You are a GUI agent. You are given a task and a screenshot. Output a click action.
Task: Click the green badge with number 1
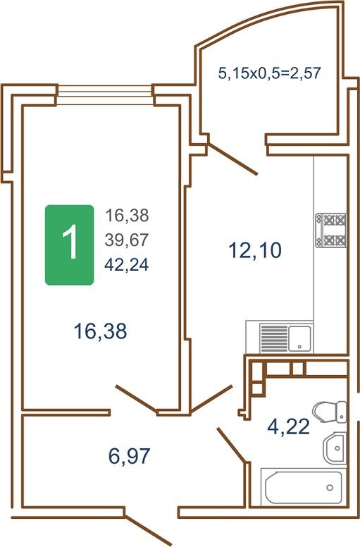pyautogui.click(x=69, y=245)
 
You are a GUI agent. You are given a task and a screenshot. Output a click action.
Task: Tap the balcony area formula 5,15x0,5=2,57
pyautogui.click(x=269, y=73)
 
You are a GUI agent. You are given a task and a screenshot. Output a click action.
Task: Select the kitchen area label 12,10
pyautogui.click(x=255, y=250)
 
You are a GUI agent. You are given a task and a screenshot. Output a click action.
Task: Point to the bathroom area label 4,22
pyautogui.click(x=289, y=426)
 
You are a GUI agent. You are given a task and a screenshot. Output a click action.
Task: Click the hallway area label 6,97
pyautogui.click(x=130, y=455)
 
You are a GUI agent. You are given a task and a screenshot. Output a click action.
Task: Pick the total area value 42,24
pyautogui.click(x=127, y=265)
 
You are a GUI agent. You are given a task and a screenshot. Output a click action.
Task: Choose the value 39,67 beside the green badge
pyautogui.click(x=127, y=240)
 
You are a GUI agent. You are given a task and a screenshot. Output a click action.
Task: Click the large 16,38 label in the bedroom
pyautogui.click(x=100, y=331)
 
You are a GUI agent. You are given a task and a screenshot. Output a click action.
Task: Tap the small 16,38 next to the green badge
pyautogui.click(x=127, y=215)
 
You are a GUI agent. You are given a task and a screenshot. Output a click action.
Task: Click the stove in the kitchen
pyautogui.click(x=331, y=231)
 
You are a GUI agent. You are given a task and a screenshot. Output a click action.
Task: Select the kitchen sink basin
pyautogui.click(x=299, y=338)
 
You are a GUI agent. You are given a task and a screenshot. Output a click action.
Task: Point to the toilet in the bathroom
pyautogui.click(x=330, y=412)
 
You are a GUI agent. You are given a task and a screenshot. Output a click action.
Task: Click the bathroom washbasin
pyautogui.click(x=335, y=448)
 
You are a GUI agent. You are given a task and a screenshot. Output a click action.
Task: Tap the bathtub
pyautogui.click(x=303, y=487)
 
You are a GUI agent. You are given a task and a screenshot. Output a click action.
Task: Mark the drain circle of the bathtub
pyautogui.click(x=330, y=488)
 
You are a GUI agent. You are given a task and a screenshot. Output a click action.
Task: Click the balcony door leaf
pyautogui.click(x=232, y=159)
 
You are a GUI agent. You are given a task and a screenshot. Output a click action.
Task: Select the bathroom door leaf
pyautogui.click(x=231, y=444)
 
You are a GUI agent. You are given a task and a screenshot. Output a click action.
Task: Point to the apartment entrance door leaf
pyautogui.click(x=148, y=530)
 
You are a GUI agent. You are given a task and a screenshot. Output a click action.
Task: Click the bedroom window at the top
pyautogui.click(x=105, y=95)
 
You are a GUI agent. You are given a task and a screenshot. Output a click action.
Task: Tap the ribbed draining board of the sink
pyautogui.click(x=274, y=338)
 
